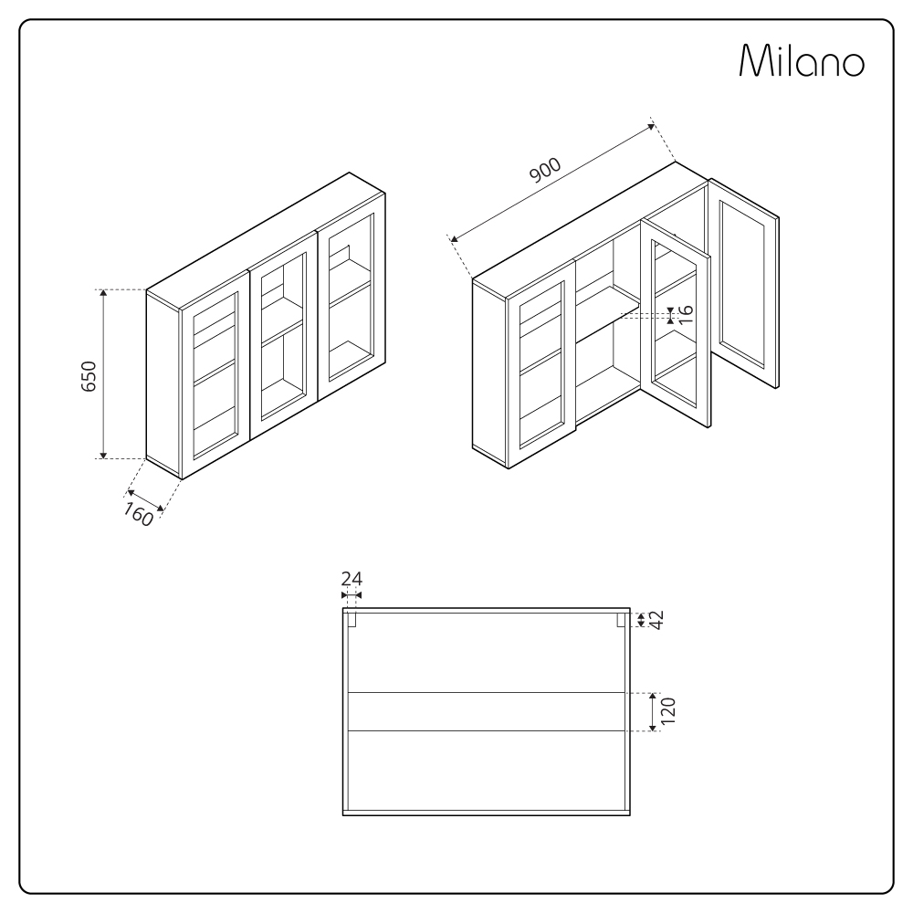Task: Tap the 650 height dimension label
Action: [89, 375]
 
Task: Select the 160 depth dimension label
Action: [137, 514]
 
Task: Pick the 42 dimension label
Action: [655, 619]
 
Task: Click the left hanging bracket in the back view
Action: [352, 620]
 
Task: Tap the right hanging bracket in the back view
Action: [621, 620]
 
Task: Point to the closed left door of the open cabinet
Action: [541, 366]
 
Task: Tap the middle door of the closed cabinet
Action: [282, 337]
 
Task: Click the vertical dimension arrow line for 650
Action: [103, 374]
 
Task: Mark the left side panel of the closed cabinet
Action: [163, 383]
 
